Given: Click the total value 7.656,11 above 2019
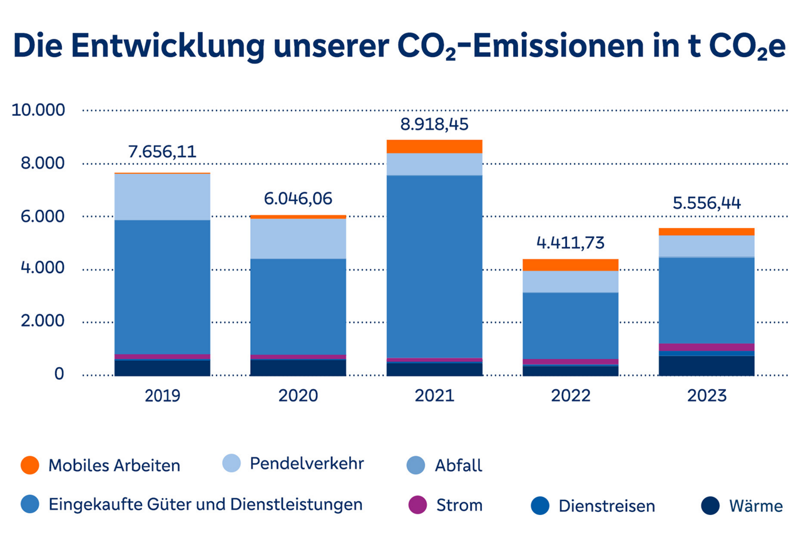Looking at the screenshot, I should point(162,152).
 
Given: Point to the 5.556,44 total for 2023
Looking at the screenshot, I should point(707,204).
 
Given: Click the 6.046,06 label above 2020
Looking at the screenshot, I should point(298,199).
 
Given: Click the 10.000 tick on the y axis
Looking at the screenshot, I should point(38,110).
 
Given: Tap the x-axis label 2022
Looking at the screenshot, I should point(570,396).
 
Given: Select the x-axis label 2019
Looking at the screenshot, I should point(162,396).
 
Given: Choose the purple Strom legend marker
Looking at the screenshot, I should point(417,505).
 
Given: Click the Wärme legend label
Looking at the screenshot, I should point(755,506).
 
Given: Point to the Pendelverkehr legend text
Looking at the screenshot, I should point(307,464).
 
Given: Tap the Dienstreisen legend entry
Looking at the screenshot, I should point(606,506).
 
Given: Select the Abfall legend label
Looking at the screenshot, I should point(459,465).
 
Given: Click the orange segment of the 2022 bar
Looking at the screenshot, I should point(570,265).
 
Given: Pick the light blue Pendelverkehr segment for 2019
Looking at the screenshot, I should point(162,197).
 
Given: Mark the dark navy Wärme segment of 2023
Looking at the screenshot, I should point(707,365).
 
